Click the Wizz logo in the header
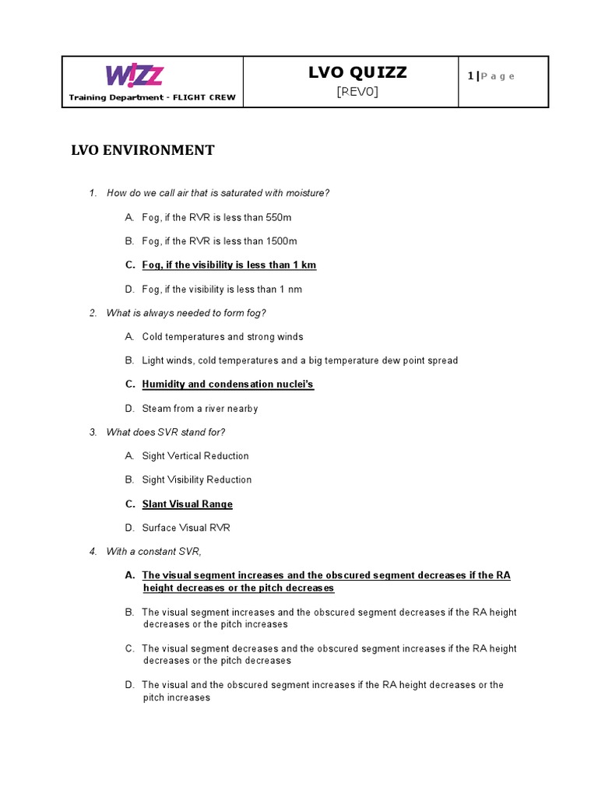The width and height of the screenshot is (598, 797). click(x=134, y=75)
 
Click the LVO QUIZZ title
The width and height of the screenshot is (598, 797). click(x=357, y=73)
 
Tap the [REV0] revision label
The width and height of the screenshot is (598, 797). click(x=357, y=92)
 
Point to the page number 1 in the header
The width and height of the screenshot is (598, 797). click(x=470, y=75)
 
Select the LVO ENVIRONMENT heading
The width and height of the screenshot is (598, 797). click(x=143, y=150)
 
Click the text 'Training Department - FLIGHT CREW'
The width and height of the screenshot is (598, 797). click(x=152, y=98)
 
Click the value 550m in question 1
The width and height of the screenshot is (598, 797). click(x=277, y=217)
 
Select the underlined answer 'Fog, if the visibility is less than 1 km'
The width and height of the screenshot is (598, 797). click(x=229, y=265)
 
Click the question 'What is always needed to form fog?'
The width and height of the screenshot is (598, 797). click(x=186, y=313)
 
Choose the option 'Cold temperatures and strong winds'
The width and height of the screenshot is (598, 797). click(x=223, y=337)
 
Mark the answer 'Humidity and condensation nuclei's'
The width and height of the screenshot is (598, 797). click(x=227, y=384)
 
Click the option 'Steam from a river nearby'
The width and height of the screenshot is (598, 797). click(x=200, y=409)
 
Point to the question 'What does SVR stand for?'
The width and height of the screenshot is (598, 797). click(x=167, y=432)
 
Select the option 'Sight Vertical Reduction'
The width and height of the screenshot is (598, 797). click(x=195, y=456)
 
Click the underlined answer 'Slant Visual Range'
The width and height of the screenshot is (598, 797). click(x=187, y=504)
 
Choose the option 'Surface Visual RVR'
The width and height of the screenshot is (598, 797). click(x=186, y=528)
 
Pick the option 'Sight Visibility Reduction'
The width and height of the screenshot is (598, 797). click(x=197, y=480)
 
